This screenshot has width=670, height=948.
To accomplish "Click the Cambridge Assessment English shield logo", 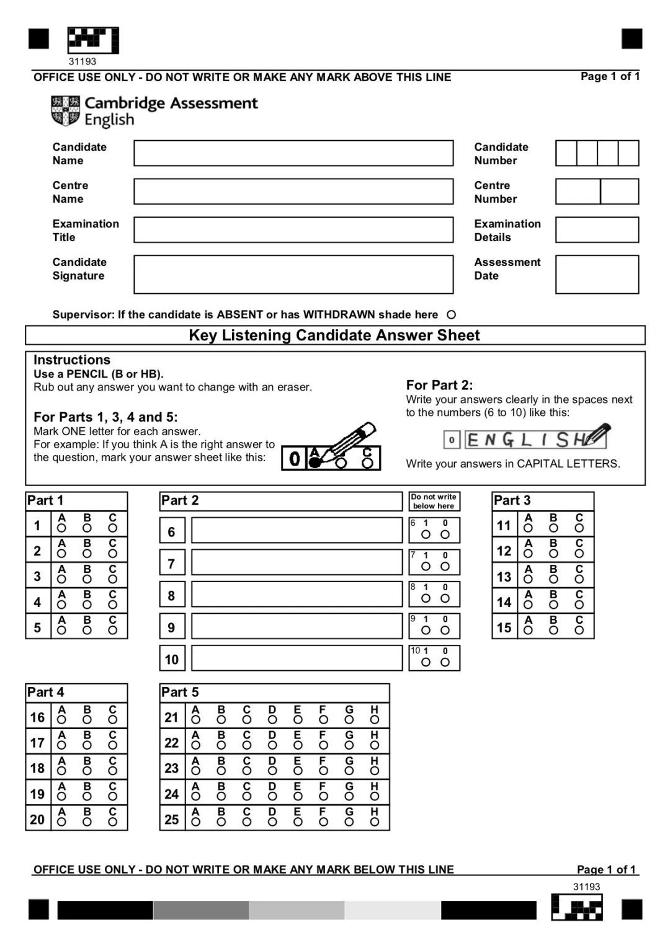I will [x=65, y=111].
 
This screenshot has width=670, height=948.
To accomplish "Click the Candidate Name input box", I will [x=293, y=153].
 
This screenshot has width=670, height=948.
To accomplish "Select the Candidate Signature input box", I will [x=293, y=274].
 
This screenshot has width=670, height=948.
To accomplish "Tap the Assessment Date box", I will [x=597, y=274].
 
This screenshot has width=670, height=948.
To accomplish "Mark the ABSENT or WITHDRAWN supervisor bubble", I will [x=451, y=315].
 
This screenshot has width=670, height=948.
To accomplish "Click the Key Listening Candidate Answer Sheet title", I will [x=334, y=335].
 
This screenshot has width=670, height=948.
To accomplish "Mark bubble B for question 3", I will [x=87, y=580].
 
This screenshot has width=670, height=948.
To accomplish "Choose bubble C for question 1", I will [x=112, y=528].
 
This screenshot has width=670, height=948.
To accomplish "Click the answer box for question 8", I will [x=297, y=595].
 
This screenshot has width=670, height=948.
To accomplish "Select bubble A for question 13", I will [x=528, y=580].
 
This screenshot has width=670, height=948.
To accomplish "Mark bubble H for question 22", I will [x=374, y=745].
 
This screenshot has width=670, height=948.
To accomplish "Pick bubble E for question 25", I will [x=298, y=822].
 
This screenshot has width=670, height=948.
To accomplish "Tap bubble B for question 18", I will [x=87, y=771].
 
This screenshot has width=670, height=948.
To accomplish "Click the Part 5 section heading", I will [x=180, y=692].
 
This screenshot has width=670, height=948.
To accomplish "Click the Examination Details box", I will [x=597, y=230].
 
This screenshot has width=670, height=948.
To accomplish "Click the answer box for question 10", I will [x=297, y=658].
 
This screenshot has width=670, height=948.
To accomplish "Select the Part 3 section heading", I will [x=512, y=500].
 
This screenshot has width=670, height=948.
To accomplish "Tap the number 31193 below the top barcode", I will [x=83, y=61].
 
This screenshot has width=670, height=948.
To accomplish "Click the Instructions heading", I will [x=72, y=360].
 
